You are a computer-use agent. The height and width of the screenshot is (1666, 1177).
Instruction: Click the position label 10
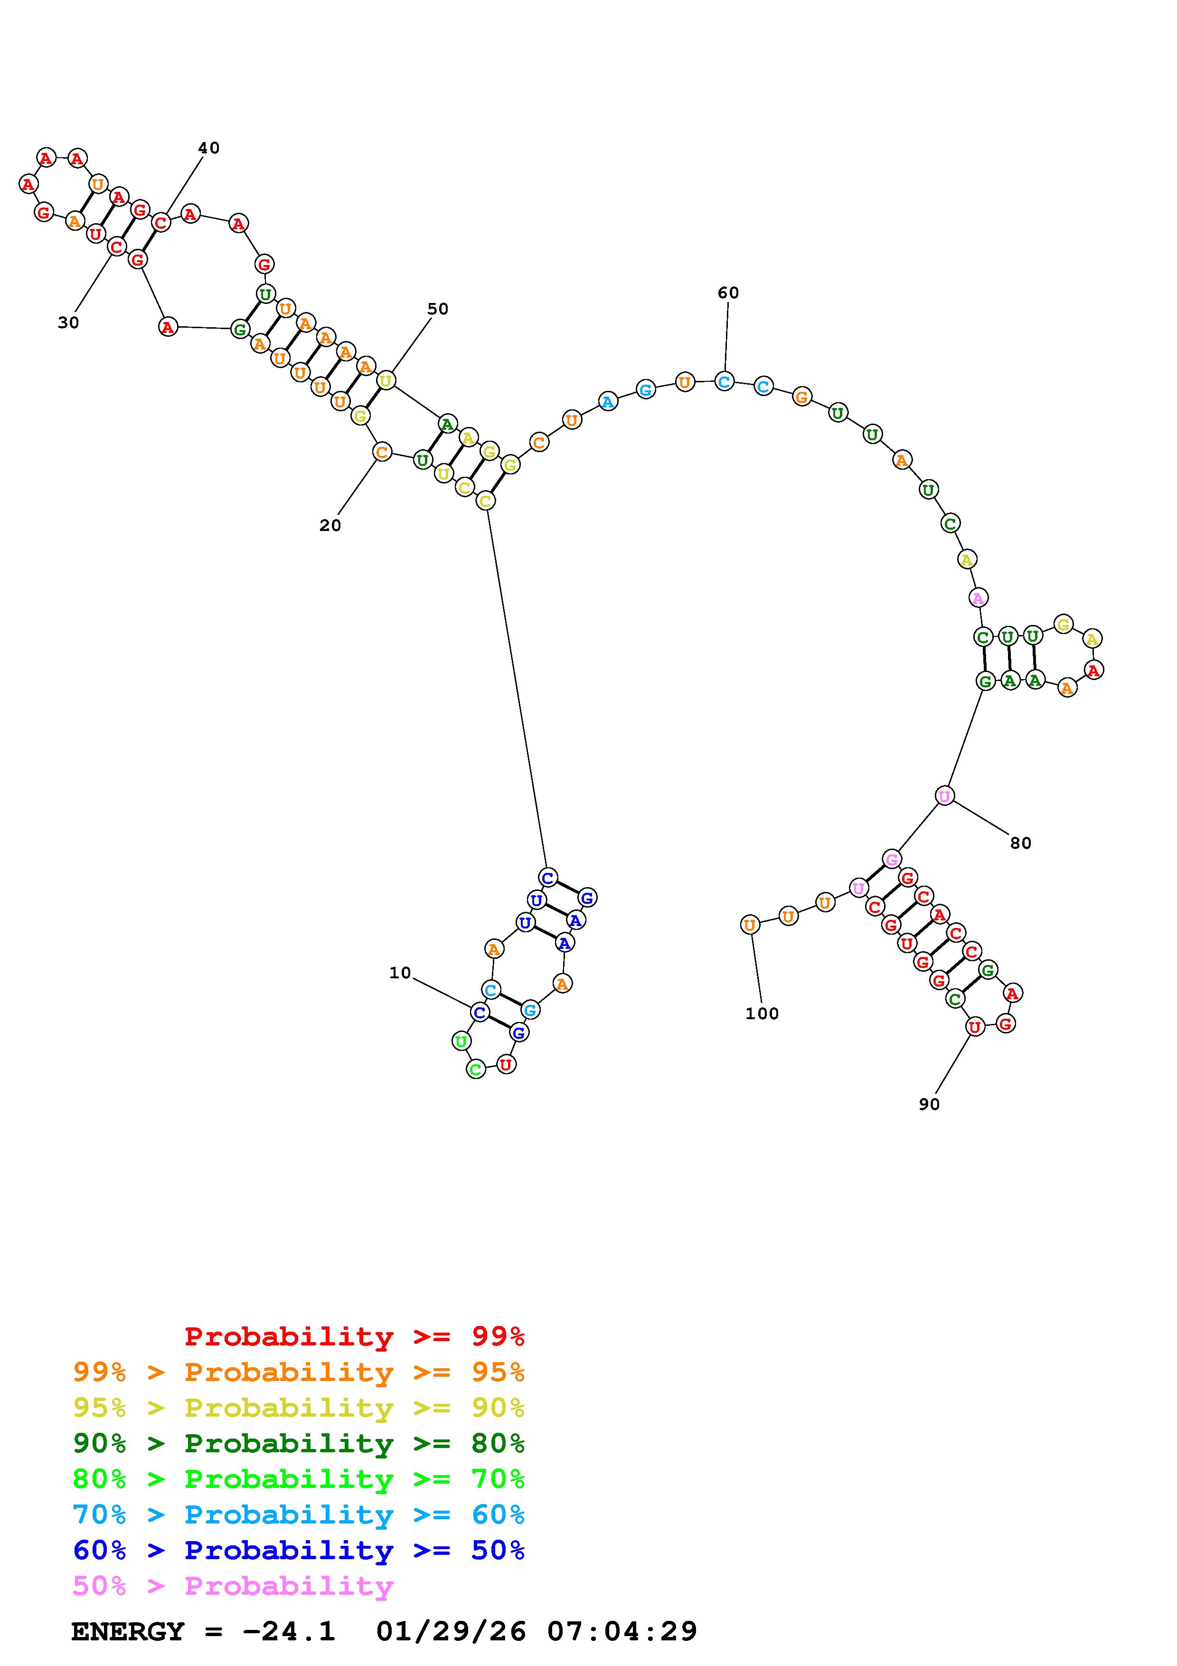click(400, 973)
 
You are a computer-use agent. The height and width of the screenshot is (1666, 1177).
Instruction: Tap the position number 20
click(330, 525)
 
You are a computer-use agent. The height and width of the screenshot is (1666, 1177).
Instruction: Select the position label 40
click(209, 148)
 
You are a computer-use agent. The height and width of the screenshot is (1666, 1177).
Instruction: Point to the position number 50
click(437, 309)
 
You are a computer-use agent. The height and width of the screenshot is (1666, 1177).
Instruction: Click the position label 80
click(1020, 843)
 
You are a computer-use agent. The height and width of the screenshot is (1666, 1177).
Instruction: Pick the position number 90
click(929, 1104)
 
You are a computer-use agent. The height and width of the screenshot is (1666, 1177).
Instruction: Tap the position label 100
click(762, 1013)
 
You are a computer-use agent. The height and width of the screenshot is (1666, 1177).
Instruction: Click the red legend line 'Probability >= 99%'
click(355, 1336)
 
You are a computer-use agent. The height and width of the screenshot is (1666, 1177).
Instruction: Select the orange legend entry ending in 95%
click(299, 1372)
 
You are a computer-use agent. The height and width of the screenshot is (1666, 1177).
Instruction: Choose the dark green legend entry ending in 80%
click(299, 1443)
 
